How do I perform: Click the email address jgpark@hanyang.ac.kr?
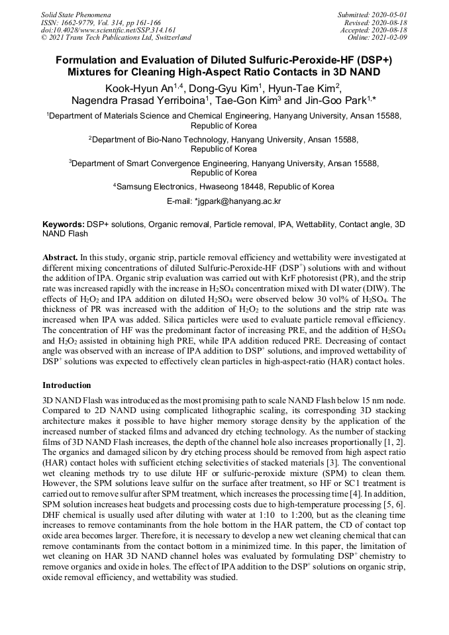238,201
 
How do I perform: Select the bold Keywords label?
64,224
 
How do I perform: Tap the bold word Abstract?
60,255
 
